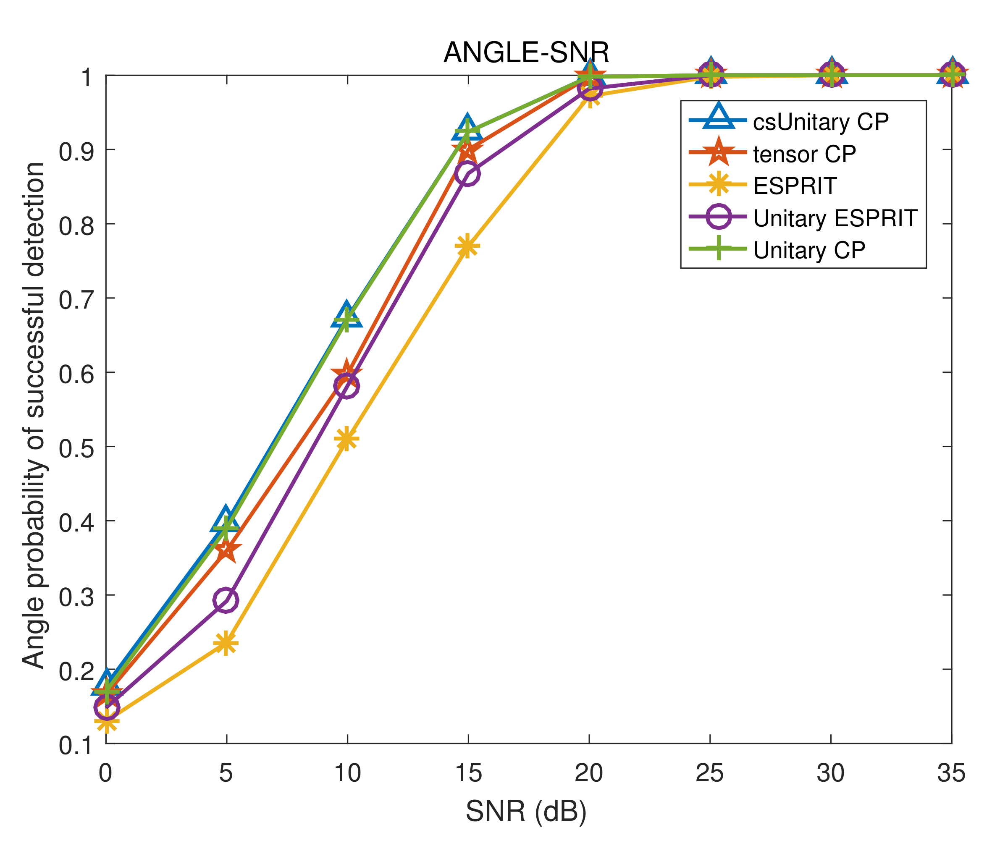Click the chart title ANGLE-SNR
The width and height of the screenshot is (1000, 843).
coord(526,52)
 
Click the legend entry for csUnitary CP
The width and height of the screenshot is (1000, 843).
coord(820,122)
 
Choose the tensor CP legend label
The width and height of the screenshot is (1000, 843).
coord(804,154)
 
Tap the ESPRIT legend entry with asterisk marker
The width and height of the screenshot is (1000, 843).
coord(795,186)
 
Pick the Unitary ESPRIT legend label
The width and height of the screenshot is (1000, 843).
coord(835,218)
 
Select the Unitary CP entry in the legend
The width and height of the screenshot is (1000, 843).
coord(809,250)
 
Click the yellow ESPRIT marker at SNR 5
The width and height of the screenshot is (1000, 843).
coord(226,643)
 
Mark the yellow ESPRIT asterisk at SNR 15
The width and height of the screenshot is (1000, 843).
coord(467,246)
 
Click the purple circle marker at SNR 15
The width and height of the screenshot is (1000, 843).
coord(467,173)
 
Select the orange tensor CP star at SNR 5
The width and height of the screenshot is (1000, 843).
coord(226,550)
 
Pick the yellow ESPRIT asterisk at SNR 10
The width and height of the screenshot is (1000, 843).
coord(347,439)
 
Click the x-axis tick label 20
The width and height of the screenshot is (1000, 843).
coord(588,773)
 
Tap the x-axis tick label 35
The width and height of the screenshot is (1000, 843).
coord(951,773)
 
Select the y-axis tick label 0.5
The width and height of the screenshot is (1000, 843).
coord(75,448)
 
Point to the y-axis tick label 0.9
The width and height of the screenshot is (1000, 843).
coord(75,152)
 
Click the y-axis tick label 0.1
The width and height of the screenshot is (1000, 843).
coord(75,746)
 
